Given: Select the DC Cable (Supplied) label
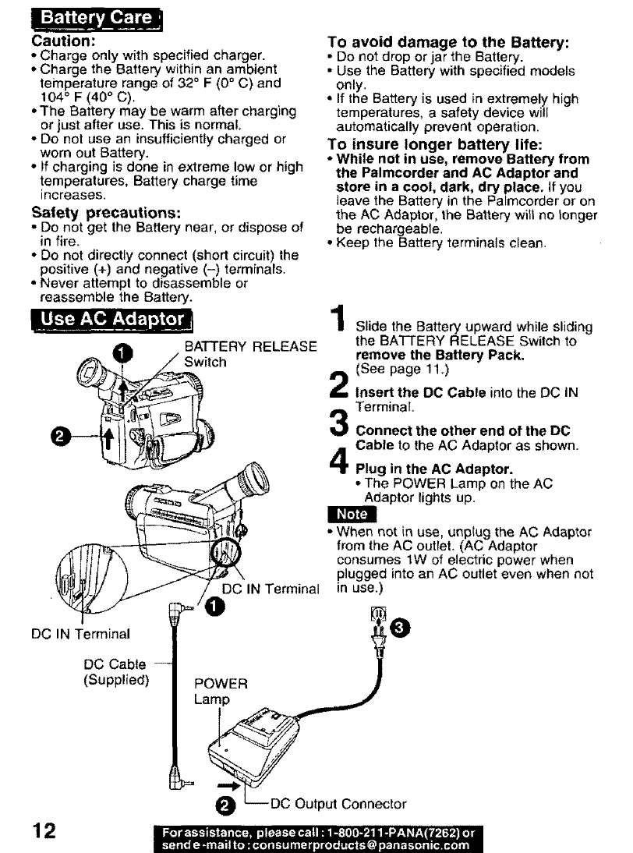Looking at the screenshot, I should pos(115,671).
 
